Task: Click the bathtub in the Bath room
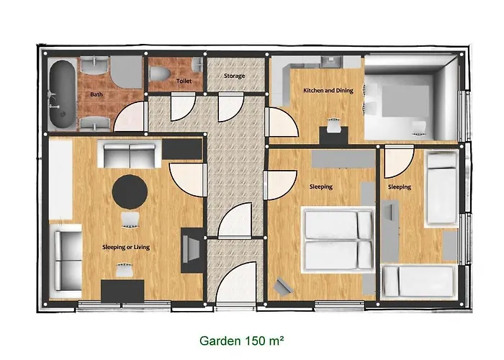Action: (62, 94)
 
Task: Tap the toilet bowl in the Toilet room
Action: (160, 73)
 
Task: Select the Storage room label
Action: (234, 76)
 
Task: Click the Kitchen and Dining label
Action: (328, 90)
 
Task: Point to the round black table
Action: (130, 192)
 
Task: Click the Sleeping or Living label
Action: (126, 247)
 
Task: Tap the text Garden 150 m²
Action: (241, 341)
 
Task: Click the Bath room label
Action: (96, 94)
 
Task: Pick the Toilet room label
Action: (184, 81)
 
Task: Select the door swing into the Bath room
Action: (129, 117)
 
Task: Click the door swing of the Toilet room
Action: (183, 107)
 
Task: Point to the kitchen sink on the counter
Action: (331, 61)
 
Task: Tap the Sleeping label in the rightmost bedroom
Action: (399, 186)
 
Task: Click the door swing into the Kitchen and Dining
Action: (282, 122)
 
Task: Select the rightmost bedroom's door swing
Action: (399, 162)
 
